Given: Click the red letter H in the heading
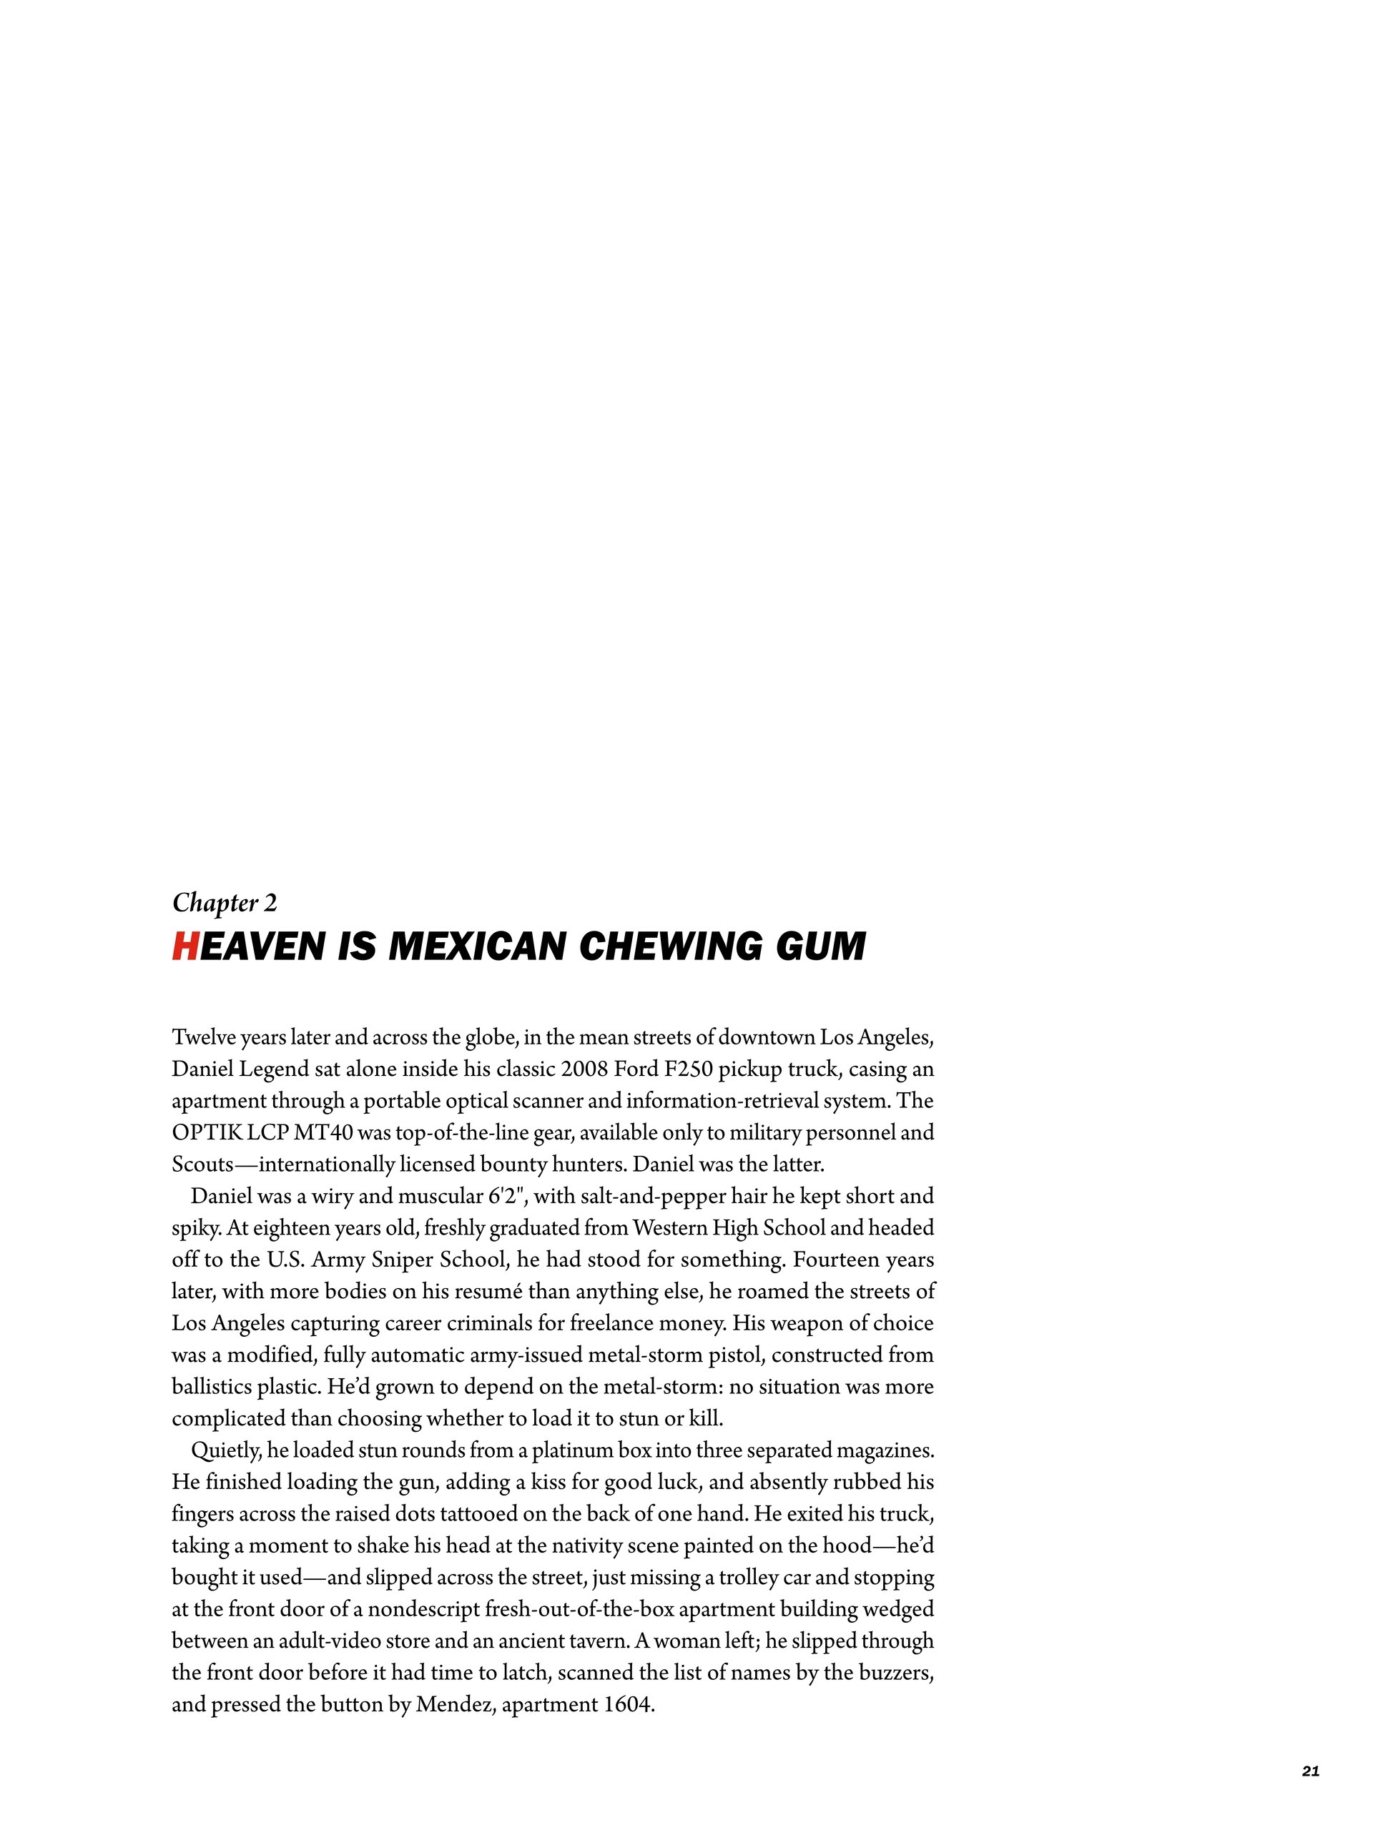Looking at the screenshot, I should pyautogui.click(x=184, y=946).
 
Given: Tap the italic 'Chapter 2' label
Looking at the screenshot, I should pyautogui.click(x=225, y=903).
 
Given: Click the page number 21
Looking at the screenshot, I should pyautogui.click(x=1310, y=1765).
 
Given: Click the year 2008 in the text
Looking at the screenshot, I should pyautogui.click(x=584, y=1069).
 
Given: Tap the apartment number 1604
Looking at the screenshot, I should pyautogui.click(x=626, y=1705).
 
